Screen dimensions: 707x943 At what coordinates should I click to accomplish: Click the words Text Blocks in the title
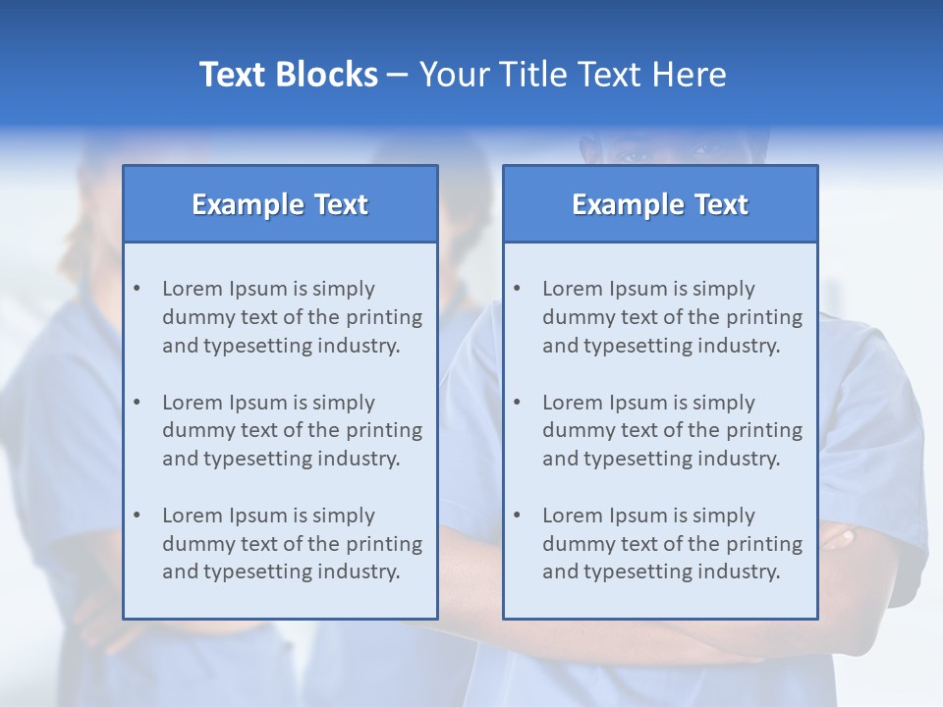288,75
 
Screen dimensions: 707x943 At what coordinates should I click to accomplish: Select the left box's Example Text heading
280,204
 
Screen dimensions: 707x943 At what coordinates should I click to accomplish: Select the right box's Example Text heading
660,204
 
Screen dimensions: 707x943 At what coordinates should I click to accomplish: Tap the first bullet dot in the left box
138,289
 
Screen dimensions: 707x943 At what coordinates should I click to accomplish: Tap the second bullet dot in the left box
138,403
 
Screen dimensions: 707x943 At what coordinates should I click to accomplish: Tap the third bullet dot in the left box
138,516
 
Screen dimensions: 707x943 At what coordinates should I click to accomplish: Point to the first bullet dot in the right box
518,289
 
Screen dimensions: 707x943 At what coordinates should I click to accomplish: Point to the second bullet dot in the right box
518,403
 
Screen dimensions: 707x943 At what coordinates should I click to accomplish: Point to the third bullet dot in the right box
518,516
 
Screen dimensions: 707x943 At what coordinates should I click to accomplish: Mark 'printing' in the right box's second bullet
763,430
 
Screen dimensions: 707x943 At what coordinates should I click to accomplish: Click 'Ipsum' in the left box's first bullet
258,289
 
